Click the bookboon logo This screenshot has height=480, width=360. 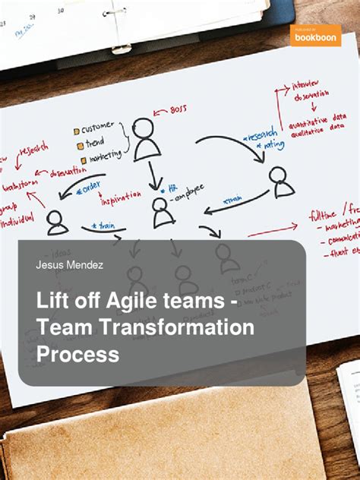[x=314, y=35]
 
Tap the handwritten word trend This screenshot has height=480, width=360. [x=97, y=142]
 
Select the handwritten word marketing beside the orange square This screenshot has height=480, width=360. [x=103, y=157]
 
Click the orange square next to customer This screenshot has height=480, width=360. [x=77, y=131]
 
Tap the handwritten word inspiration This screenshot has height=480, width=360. [x=122, y=200]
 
